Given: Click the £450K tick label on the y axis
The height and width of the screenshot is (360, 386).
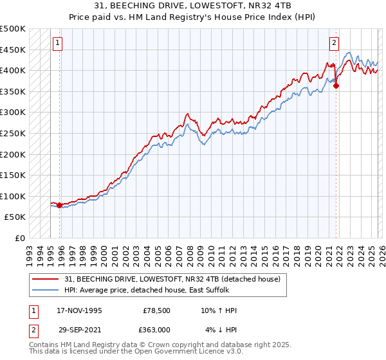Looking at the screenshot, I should pos(13,50).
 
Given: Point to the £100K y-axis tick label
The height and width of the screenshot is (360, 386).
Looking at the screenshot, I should pos(13,196).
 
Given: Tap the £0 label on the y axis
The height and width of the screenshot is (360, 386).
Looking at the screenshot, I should pos(19,239).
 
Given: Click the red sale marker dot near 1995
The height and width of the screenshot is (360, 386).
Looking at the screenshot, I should pos(60,206).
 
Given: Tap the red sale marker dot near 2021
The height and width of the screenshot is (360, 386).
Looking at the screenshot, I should pos(336,86).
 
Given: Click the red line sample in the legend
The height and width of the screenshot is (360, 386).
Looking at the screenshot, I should pos(46,280).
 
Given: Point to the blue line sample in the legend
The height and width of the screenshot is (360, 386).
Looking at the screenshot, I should pos(46,291).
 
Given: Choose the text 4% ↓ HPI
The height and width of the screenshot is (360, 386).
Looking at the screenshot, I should pos(221,330).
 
